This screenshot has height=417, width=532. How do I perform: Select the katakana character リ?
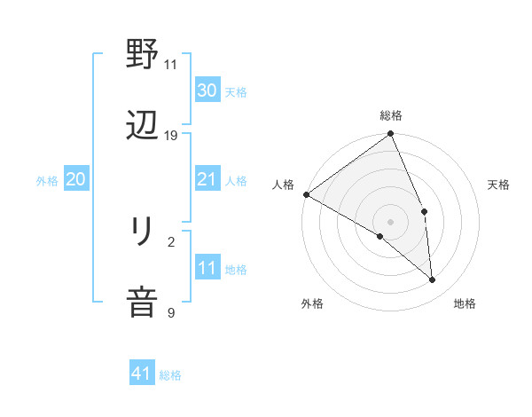pos(142,232)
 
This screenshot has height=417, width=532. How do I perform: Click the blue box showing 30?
pos(207,90)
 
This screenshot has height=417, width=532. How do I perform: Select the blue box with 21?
pos(207,179)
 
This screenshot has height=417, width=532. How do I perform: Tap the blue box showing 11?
pos(207,268)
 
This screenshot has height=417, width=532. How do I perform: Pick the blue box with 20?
pos(75,179)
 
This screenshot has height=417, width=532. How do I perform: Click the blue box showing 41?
pos(142,374)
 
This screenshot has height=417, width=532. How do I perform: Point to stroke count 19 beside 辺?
pos(171,136)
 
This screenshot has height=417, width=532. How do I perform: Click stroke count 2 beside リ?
pos(171,241)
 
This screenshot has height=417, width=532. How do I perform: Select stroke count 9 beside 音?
pos(171,312)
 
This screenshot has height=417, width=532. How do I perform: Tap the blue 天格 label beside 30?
pos(236,91)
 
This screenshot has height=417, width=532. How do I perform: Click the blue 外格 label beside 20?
pos(47,181)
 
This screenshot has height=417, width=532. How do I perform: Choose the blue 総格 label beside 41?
pos(170,375)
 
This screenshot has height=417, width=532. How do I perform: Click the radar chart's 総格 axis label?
pos(391,115)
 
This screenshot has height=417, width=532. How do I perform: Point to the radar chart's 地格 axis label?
pos(465,304)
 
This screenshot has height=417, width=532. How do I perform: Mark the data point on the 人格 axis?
pos(306,194)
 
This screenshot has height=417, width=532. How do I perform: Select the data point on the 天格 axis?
pos(425,211)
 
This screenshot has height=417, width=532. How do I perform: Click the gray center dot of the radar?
pos(390,222)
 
